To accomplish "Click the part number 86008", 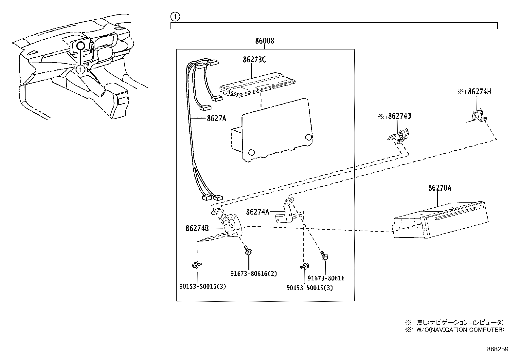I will coord(265,41).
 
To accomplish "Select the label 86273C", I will coord(254,60).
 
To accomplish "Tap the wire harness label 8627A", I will coord(216,118).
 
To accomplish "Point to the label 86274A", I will coord(257,212).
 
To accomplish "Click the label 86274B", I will coord(197,228).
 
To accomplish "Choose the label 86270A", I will coord(440,188).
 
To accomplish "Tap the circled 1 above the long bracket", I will coord(175,17).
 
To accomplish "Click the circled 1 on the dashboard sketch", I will coord(81,69).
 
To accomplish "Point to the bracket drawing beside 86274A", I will coord(284,212).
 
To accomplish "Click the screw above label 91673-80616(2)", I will coord(248,251).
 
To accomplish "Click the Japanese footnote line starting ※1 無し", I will coord(454,322).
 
